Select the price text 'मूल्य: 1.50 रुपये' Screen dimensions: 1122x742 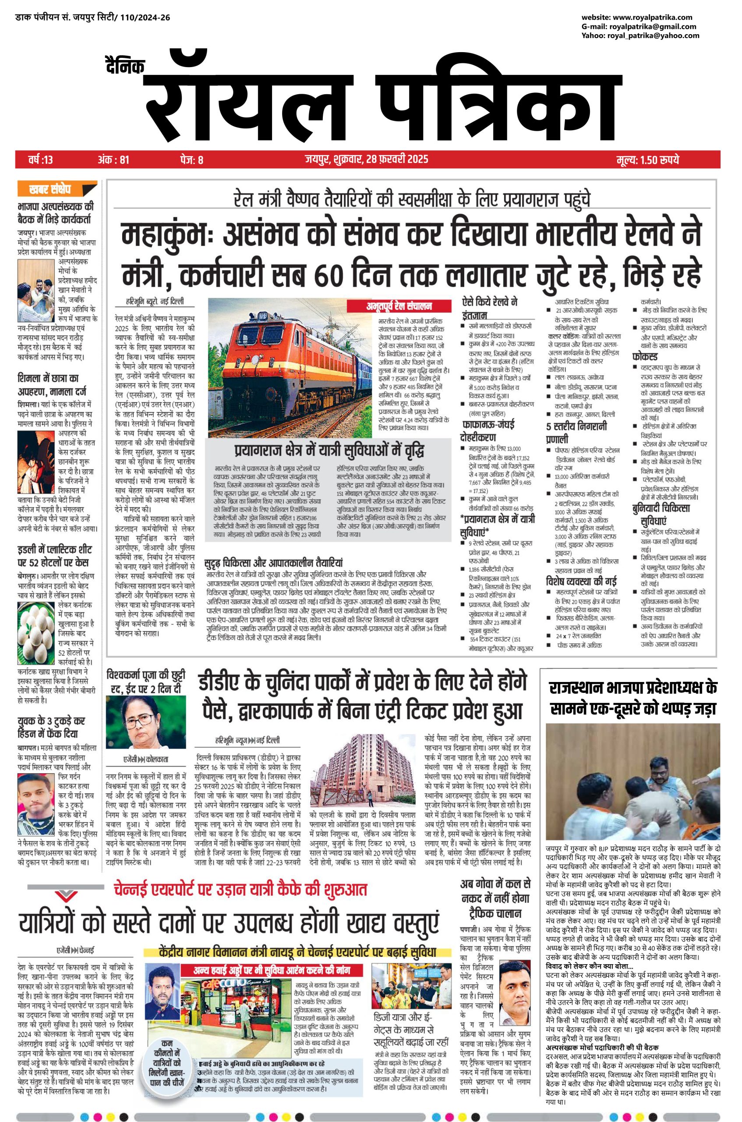(x=648, y=160)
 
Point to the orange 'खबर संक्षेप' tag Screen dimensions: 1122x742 (x=57, y=189)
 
